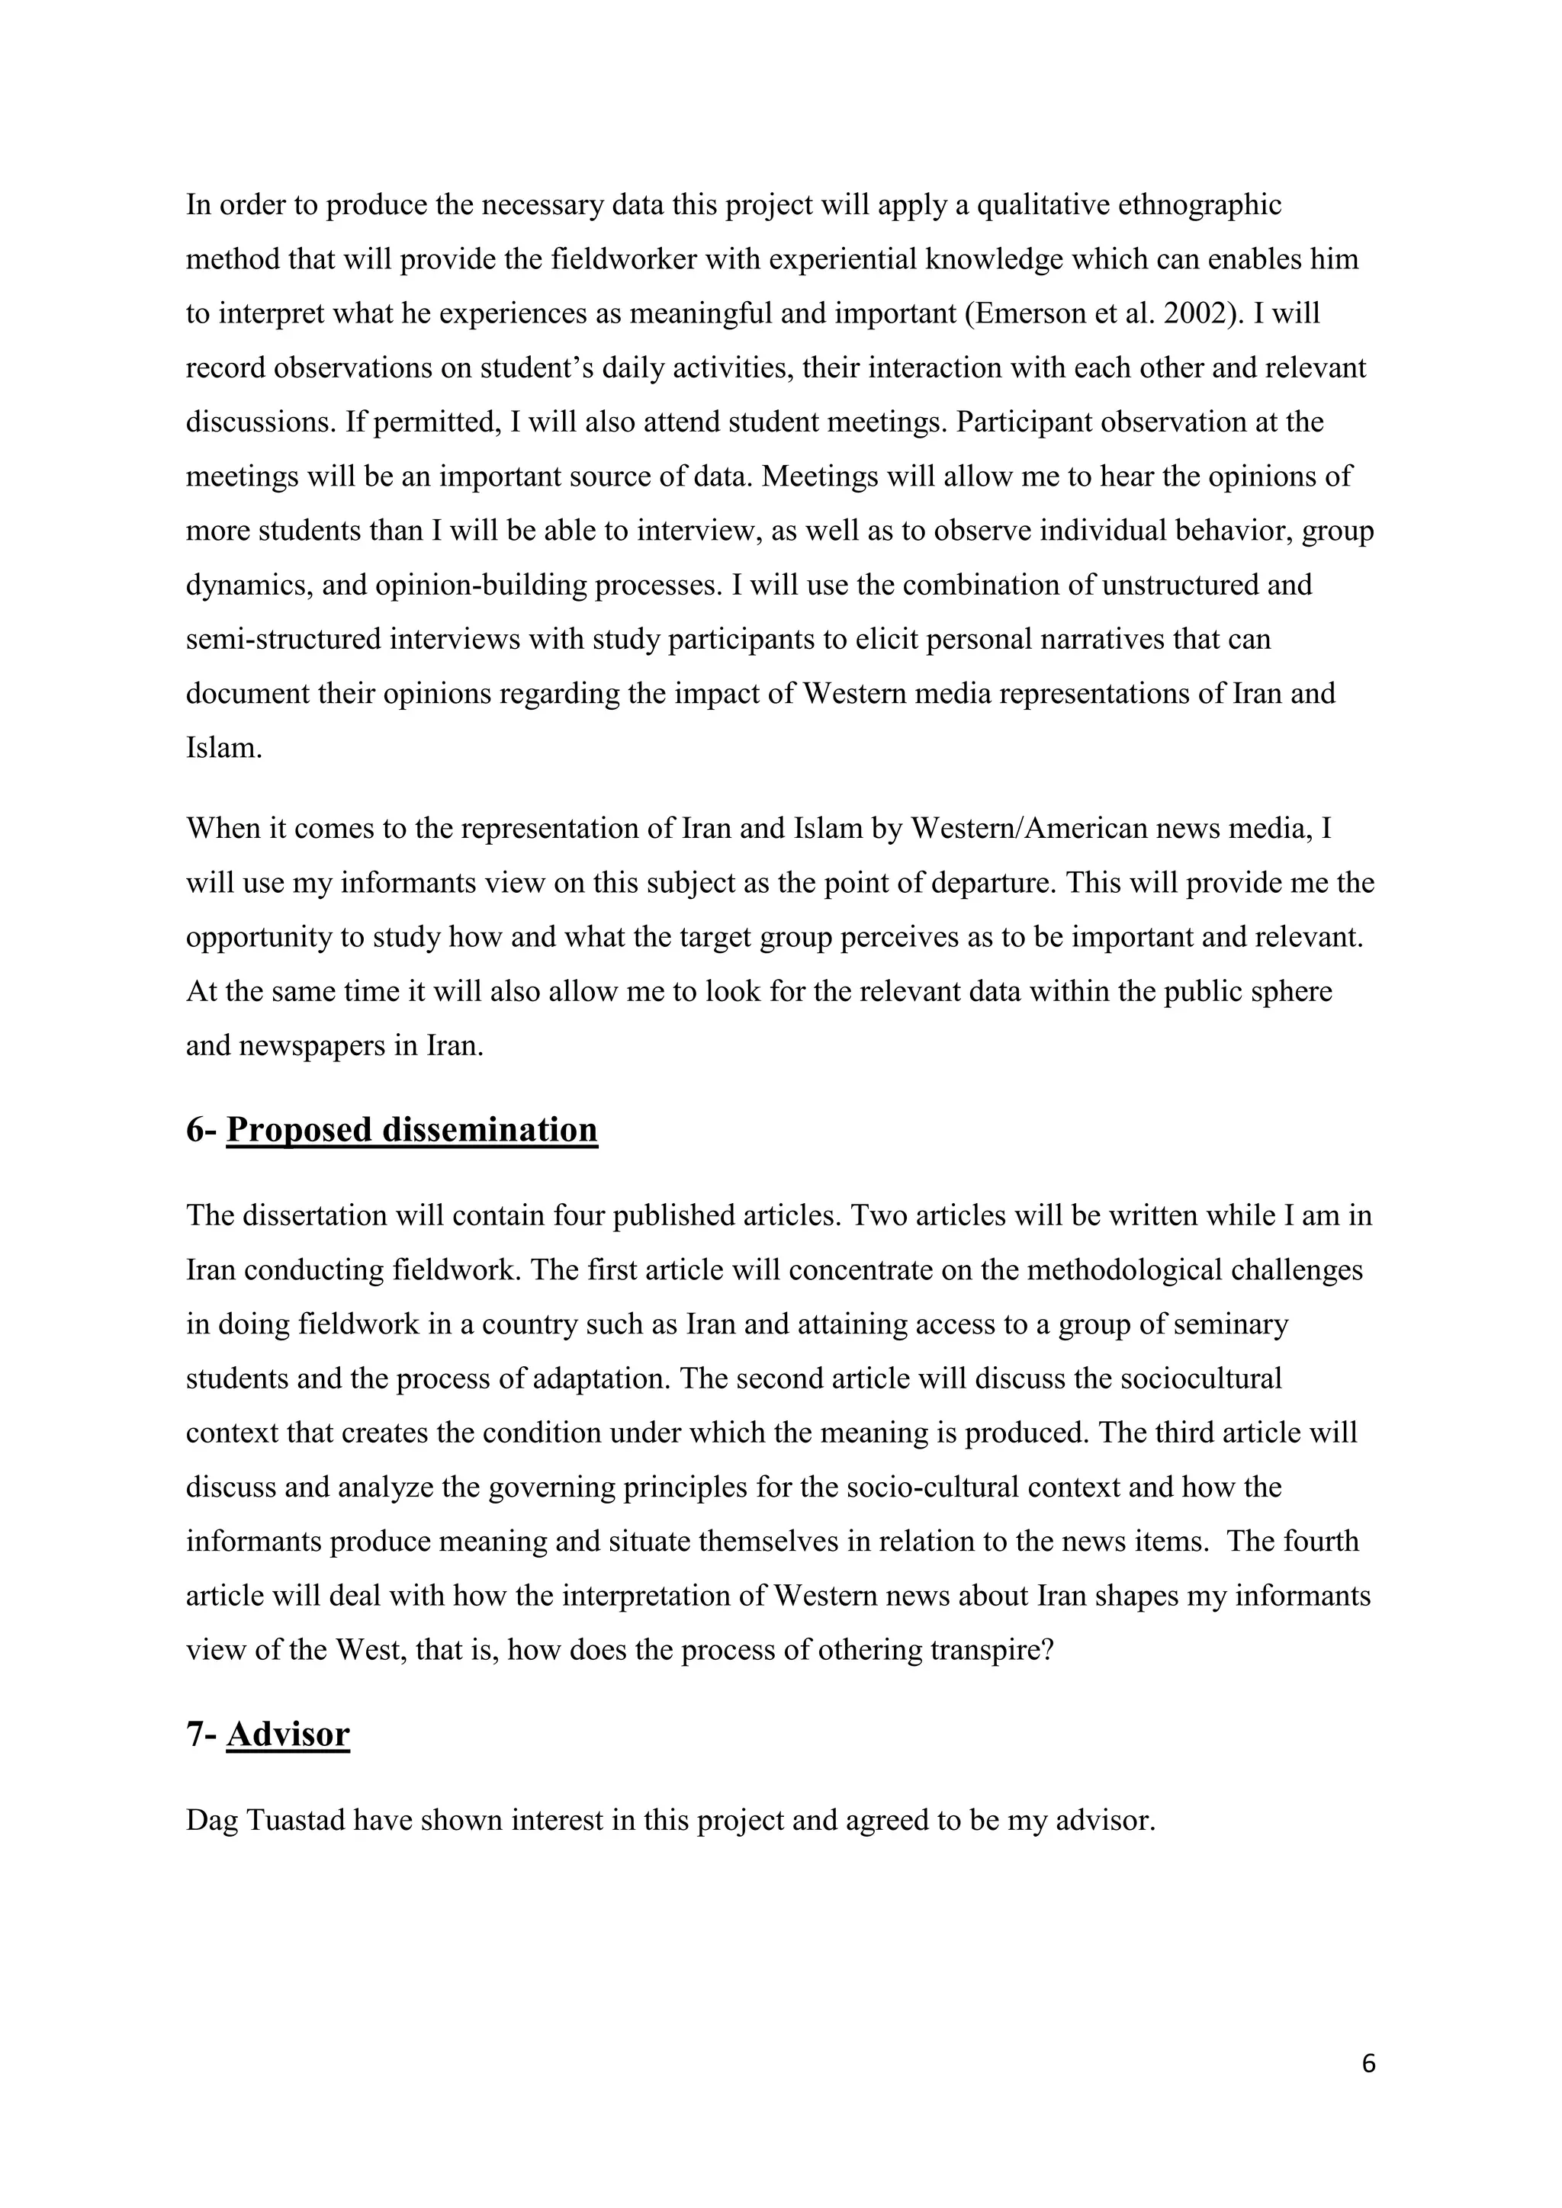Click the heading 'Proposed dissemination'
coord(412,1130)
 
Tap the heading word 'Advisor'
coord(288,1734)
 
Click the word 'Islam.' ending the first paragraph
coord(224,748)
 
